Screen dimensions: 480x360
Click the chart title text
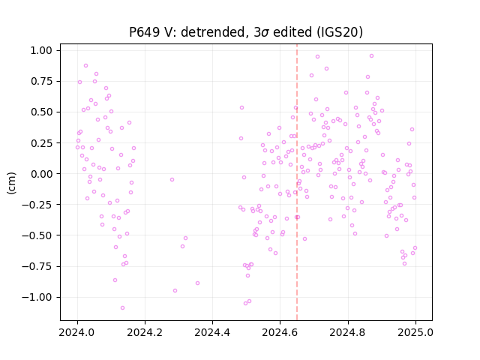246,31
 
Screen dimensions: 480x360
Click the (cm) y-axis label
11,183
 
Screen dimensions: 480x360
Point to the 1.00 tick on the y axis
41,50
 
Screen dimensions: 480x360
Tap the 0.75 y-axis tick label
41,81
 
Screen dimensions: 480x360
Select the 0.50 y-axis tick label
41,112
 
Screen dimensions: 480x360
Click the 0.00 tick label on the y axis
41,173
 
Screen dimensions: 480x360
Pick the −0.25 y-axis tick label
37,205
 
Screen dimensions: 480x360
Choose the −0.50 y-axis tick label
37,235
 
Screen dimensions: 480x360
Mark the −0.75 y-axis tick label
37,266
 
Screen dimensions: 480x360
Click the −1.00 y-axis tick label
37,297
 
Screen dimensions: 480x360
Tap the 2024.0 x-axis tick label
77,332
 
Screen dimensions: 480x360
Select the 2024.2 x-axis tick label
145,332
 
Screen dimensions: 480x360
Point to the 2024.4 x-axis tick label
212,332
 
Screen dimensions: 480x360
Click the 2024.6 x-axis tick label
280,332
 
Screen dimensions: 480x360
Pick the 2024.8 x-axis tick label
348,332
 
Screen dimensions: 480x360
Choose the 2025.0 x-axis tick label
415,332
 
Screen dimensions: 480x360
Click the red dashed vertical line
297,182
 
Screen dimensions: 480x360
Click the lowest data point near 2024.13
122,308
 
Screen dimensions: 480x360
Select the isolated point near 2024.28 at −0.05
172,180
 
